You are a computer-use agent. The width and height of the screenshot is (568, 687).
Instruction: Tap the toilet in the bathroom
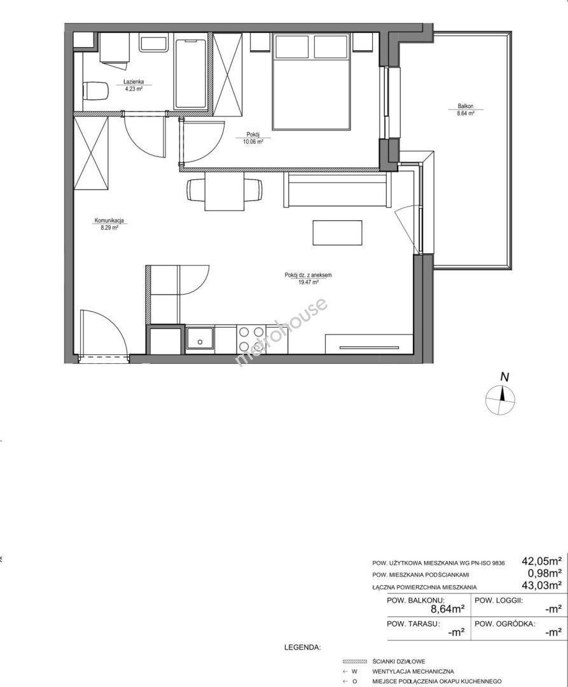click(x=95, y=91)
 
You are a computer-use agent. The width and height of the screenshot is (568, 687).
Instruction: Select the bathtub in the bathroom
click(x=191, y=74)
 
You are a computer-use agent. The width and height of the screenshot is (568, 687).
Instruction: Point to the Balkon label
click(x=466, y=106)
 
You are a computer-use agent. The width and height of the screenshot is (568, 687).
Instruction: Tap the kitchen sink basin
click(x=200, y=339)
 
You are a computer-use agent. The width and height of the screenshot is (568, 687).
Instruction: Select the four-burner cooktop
click(x=251, y=339)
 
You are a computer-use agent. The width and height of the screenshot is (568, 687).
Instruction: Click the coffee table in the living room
click(x=337, y=233)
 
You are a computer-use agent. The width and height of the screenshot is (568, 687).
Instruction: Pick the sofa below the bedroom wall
click(x=337, y=190)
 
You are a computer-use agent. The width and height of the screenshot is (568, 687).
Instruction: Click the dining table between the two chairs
click(x=225, y=191)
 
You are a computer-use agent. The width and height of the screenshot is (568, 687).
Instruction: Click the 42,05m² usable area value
click(x=542, y=561)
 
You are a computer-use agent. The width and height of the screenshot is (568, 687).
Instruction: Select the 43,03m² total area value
click(x=542, y=585)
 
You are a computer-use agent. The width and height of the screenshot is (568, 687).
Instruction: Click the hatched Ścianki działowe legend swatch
click(x=355, y=662)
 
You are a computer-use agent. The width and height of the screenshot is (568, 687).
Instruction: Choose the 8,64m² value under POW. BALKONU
click(x=448, y=609)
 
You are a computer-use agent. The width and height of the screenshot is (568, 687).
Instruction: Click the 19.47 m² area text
click(x=308, y=282)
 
